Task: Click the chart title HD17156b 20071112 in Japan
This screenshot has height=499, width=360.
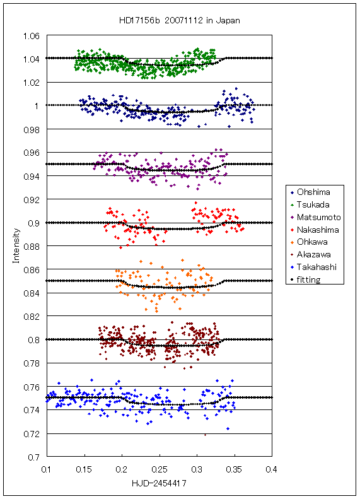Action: click(179, 21)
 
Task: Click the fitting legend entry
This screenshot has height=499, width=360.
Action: click(305, 279)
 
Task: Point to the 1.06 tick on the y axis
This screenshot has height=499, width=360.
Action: click(32, 36)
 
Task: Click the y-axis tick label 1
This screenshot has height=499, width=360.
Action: click(37, 106)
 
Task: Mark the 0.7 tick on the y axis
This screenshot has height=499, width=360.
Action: click(33, 457)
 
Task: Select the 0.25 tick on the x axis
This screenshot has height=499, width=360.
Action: click(160, 470)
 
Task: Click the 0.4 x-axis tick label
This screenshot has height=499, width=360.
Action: click(271, 470)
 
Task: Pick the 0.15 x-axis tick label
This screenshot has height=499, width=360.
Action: click(84, 470)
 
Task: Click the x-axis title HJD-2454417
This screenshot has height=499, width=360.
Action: click(159, 483)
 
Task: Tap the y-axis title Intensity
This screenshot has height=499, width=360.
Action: click(16, 245)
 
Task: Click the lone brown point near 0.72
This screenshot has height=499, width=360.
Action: click(205, 435)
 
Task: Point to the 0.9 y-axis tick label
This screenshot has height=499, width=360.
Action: click(33, 223)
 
